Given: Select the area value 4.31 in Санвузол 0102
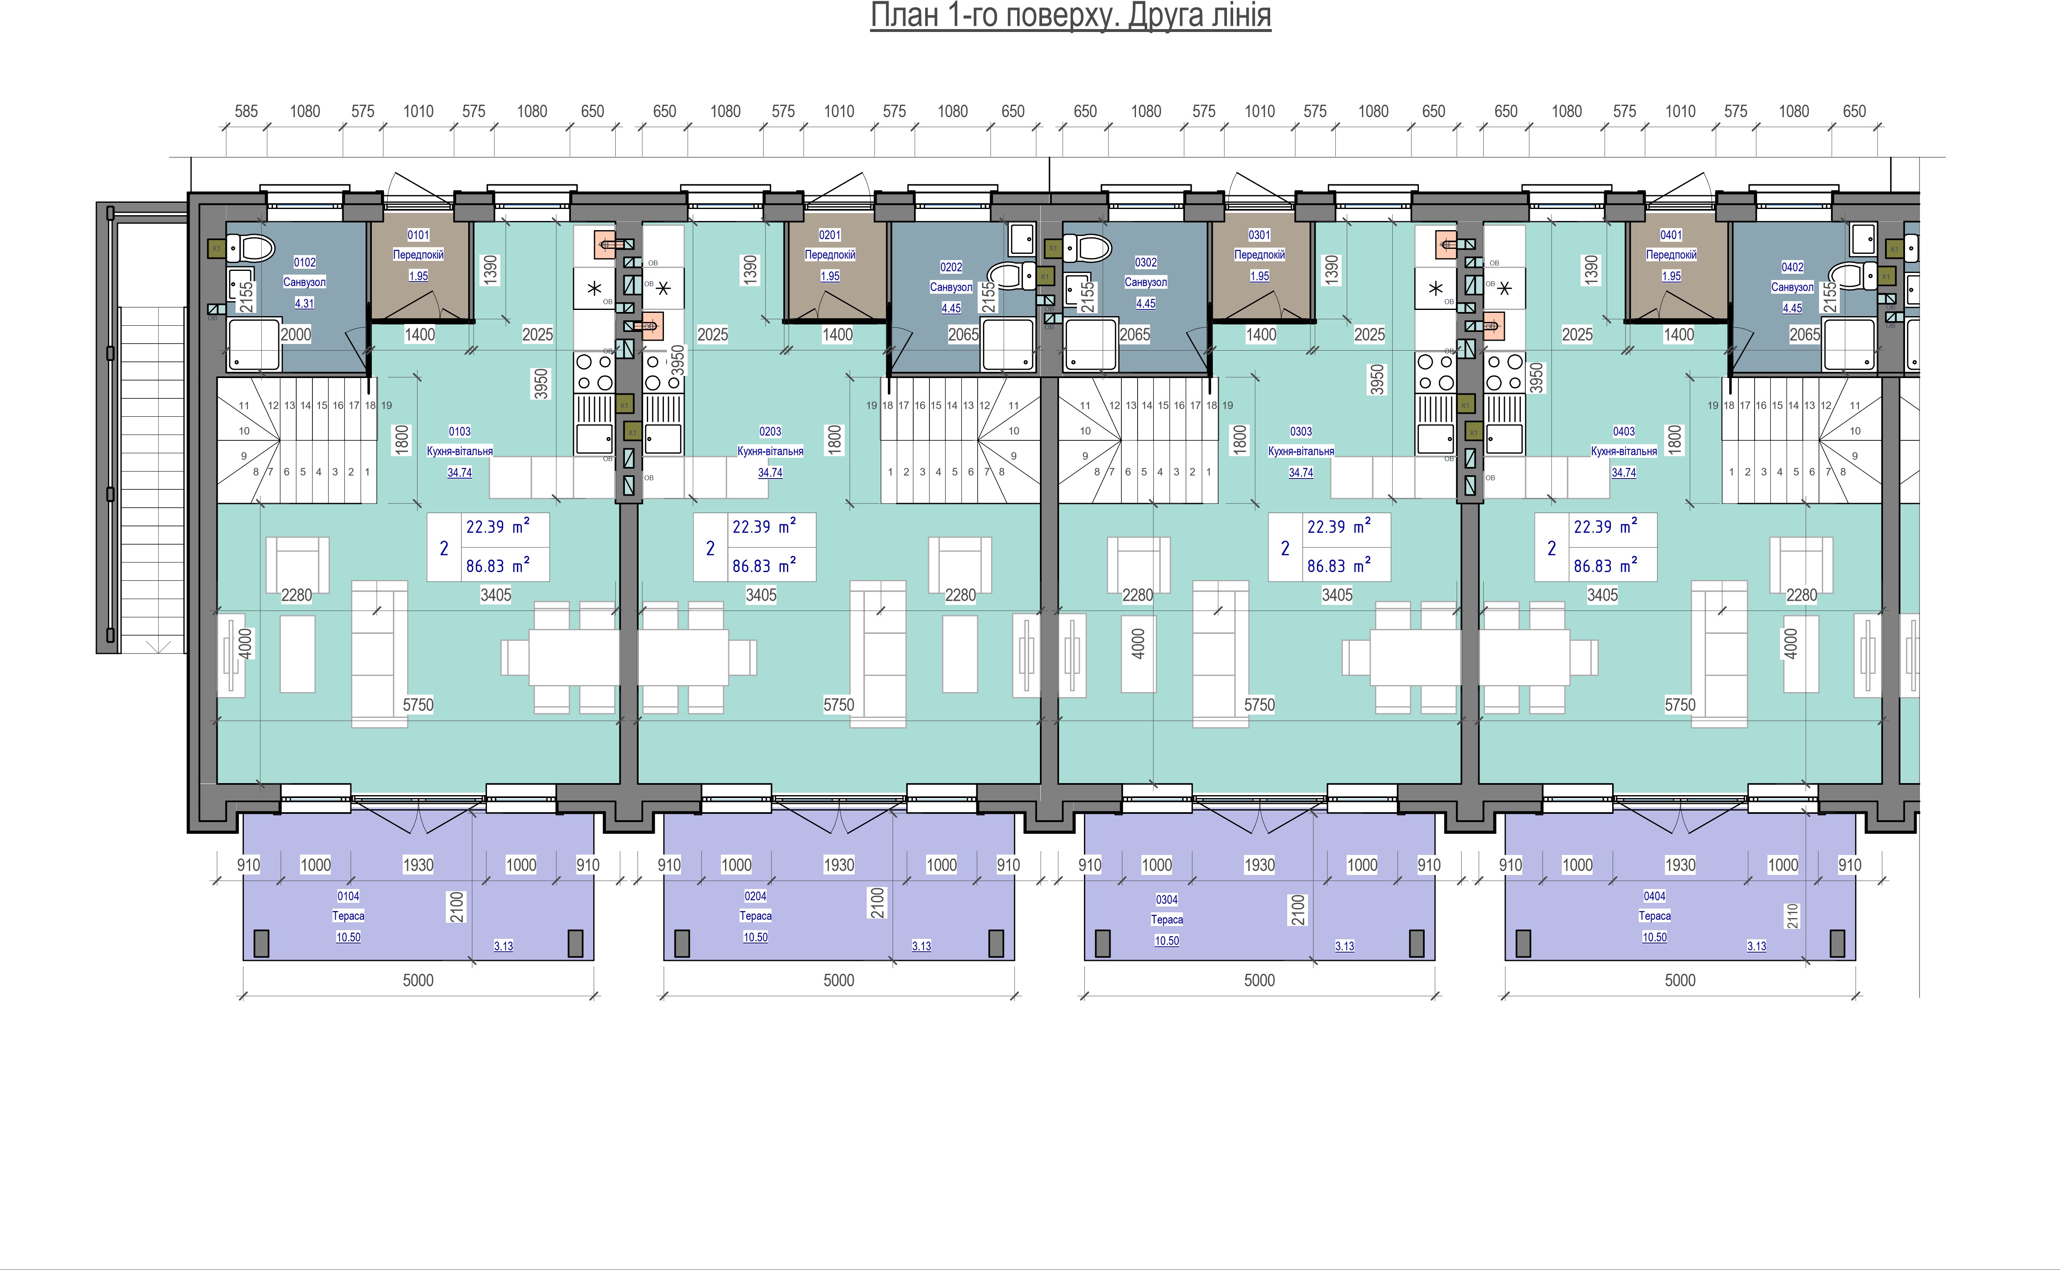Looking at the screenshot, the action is (x=304, y=303).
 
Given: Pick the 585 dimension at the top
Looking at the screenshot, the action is (x=246, y=111).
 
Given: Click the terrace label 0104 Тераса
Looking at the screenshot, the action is (x=348, y=906).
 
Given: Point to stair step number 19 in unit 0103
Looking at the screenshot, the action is (x=386, y=405).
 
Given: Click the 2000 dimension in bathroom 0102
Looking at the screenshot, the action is (x=295, y=334).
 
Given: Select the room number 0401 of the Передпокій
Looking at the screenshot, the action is (x=1671, y=235).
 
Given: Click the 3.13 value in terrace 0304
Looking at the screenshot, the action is (x=1345, y=946).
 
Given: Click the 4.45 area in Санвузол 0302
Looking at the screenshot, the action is (x=1146, y=303).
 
